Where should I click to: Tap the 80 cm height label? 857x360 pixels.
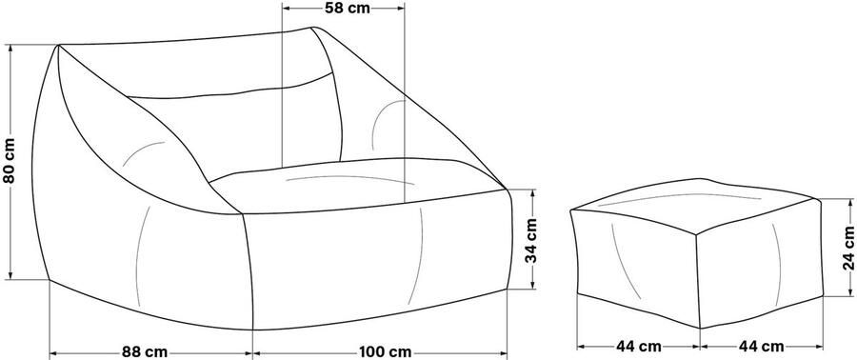(x=10, y=161)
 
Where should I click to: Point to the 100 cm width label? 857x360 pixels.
(x=385, y=350)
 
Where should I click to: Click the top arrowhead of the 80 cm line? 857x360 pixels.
(x=10, y=47)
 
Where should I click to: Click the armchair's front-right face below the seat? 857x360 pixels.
(x=381, y=252)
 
